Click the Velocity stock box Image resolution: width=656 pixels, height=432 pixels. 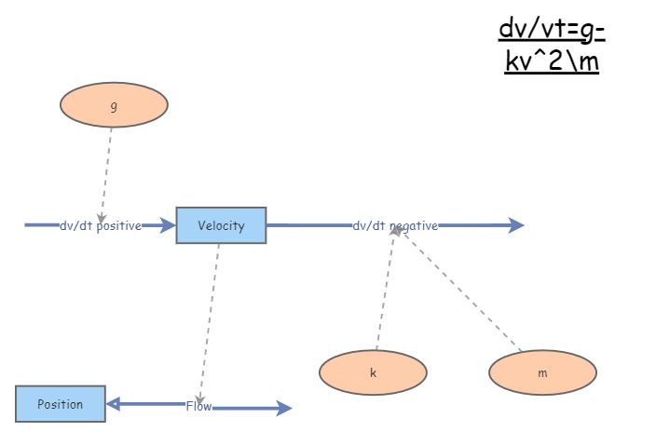[221, 225]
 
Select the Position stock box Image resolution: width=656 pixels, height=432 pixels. [61, 404]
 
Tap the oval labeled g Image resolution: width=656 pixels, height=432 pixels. [114, 106]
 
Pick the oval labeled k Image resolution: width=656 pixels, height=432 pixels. [373, 372]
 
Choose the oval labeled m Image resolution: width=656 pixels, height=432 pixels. [542, 372]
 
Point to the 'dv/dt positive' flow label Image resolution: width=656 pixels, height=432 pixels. [101, 225]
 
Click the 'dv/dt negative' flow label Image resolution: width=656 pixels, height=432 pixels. [395, 225]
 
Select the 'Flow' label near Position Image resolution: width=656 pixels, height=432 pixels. [198, 406]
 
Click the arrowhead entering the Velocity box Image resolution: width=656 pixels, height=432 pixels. [169, 225]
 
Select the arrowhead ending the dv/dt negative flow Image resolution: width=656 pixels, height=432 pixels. [517, 225]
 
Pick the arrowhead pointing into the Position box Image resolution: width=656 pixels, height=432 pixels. [113, 404]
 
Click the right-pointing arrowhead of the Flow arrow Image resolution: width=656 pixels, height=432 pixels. [284, 408]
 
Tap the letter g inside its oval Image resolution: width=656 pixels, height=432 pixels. [114, 106]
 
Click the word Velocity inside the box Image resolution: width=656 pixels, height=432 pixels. [221, 225]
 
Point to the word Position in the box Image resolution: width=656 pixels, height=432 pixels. [61, 404]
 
